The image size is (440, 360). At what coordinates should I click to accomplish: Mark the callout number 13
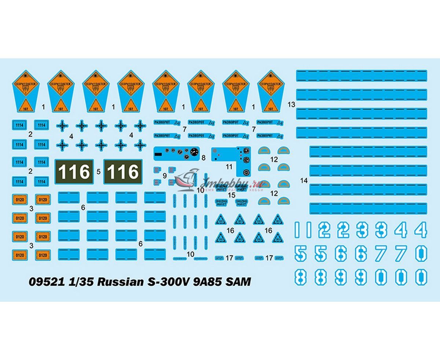[x=291, y=104]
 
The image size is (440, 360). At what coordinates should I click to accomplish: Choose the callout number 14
[x=304, y=180]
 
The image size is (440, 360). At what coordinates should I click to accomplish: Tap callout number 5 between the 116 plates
[x=98, y=171]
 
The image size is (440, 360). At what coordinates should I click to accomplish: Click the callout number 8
[x=203, y=158]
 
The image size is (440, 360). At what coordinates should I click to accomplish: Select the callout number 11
[x=229, y=166]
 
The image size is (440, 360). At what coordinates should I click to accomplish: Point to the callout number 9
[x=165, y=176]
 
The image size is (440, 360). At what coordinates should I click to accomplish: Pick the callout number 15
[x=231, y=194]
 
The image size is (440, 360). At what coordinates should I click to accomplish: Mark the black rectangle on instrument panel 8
[x=158, y=154]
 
